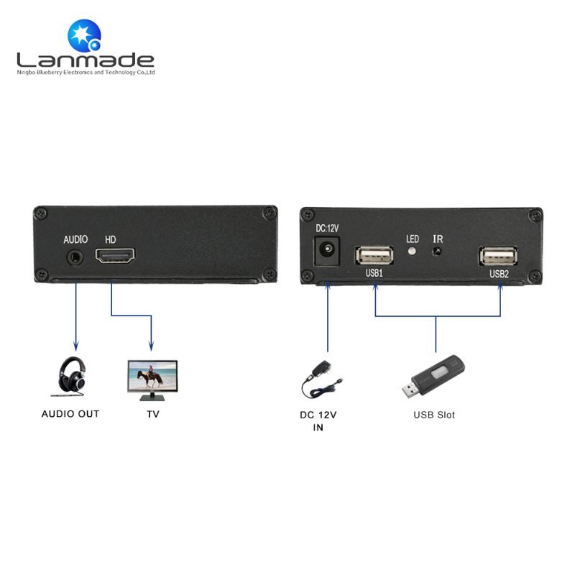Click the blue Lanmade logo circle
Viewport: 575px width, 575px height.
(x=84, y=35)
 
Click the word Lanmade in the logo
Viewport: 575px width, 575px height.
(x=86, y=60)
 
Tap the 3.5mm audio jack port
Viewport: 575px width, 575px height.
(x=75, y=257)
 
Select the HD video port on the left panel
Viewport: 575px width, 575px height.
(x=115, y=256)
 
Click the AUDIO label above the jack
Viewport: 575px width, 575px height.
(x=75, y=239)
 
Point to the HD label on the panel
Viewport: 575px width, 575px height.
(x=111, y=240)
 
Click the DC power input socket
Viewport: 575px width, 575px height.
(x=327, y=251)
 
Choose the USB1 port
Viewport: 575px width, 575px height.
(x=374, y=255)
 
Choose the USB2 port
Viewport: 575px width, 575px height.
(x=499, y=256)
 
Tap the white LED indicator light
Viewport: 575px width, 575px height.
(x=413, y=251)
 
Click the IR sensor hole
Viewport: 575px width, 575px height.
(x=437, y=252)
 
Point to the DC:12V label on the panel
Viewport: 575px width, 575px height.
(x=327, y=229)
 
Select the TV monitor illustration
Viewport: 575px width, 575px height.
(x=152, y=380)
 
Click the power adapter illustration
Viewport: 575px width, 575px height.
(x=320, y=380)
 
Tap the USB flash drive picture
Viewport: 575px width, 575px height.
(x=433, y=377)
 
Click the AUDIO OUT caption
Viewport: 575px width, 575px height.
(x=70, y=414)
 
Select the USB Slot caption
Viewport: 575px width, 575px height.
(x=434, y=415)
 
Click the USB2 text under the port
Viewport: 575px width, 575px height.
(x=499, y=274)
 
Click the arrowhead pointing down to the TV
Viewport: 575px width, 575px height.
(x=151, y=346)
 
